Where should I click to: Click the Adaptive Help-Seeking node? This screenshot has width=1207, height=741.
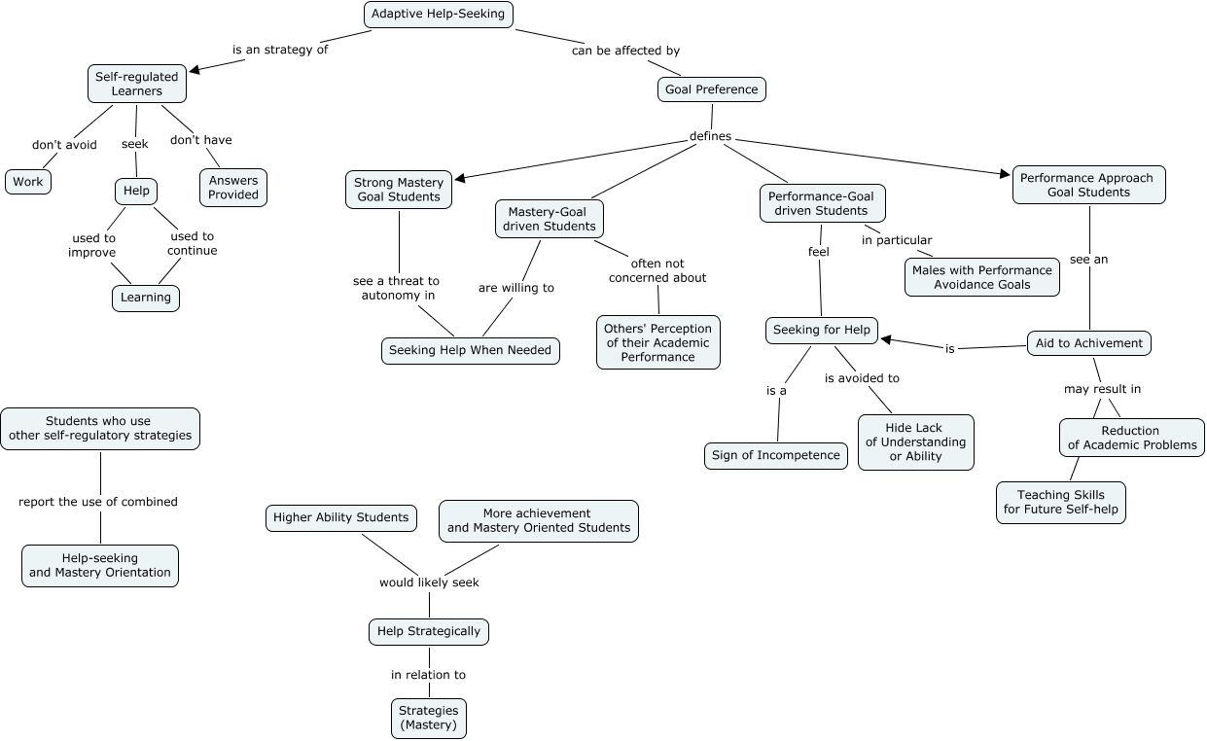tap(438, 15)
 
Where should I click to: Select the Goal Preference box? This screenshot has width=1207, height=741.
tap(711, 89)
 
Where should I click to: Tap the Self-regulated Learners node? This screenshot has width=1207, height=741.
tap(136, 84)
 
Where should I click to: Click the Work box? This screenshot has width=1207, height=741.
tap(28, 182)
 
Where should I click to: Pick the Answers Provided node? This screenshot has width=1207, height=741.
tap(233, 188)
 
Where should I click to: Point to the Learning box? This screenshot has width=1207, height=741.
tap(146, 298)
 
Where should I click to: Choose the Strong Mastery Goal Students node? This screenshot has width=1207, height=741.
tap(399, 190)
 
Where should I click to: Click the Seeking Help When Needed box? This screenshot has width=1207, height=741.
tap(470, 350)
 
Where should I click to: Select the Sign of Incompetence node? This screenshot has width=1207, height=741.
tap(775, 455)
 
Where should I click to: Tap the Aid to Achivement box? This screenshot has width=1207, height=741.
tap(1089, 343)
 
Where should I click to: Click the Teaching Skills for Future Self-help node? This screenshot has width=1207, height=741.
tap(1061, 502)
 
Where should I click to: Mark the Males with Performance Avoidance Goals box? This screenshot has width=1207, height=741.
tap(982, 277)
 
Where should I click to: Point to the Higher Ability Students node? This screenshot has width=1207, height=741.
tap(340, 517)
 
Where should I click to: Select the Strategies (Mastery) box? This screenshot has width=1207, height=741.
tap(429, 718)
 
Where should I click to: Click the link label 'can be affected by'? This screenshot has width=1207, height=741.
tap(625, 51)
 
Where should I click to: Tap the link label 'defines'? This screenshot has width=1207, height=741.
tap(710, 136)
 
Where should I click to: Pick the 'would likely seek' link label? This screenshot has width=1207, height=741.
tap(429, 582)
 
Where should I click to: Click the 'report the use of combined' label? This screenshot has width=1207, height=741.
tap(98, 502)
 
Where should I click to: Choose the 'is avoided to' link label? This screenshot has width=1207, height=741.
tap(862, 378)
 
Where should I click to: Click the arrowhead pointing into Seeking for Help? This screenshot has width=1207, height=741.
tap(886, 339)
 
